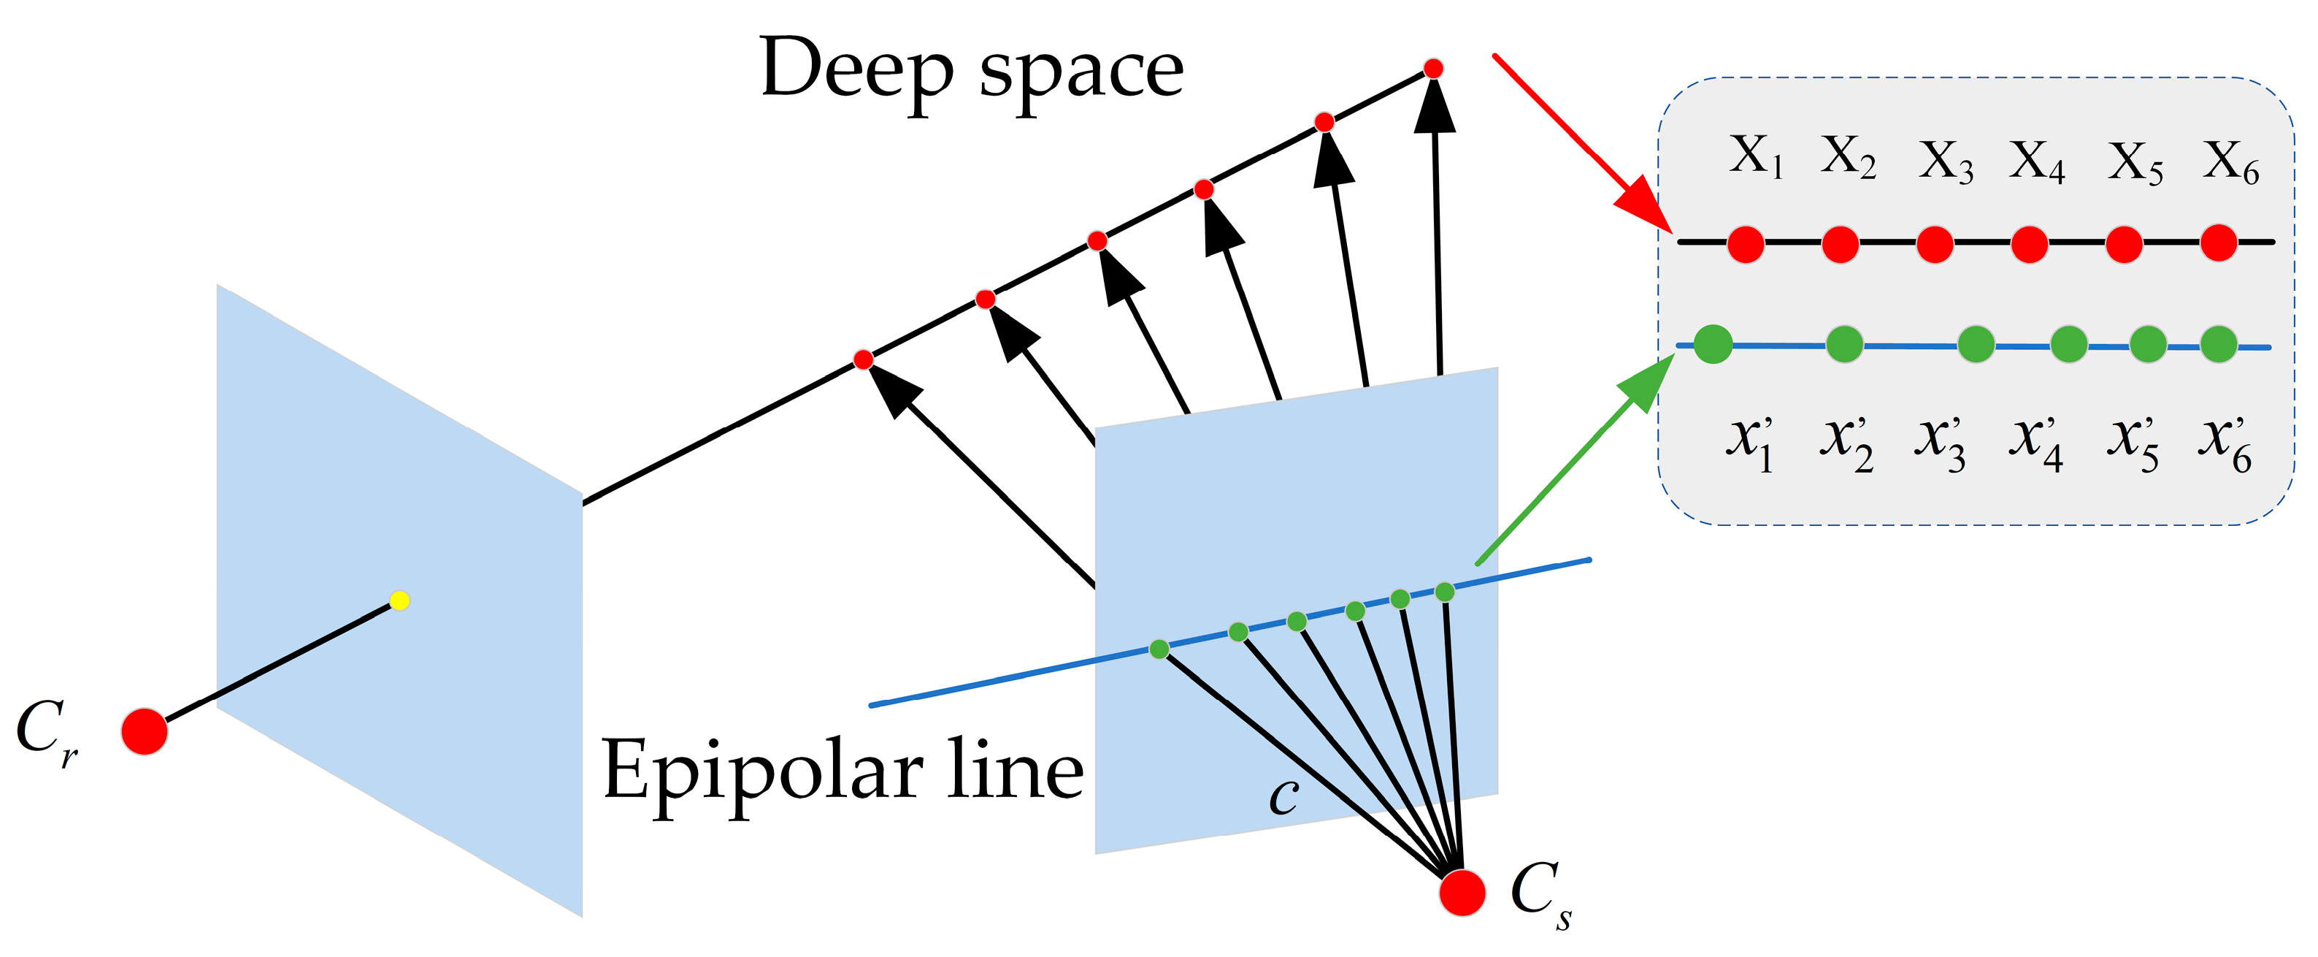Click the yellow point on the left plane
pyautogui.click(x=399, y=600)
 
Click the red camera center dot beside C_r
pyautogui.click(x=145, y=731)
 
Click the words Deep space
pyautogui.click(x=971, y=70)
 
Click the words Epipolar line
pyautogui.click(x=843, y=771)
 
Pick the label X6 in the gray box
pyautogui.click(x=2230, y=162)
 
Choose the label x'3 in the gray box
pyautogui.click(x=1940, y=443)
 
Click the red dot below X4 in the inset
pyautogui.click(x=2029, y=244)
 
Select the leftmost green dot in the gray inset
pyautogui.click(x=1713, y=345)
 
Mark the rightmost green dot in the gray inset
pyautogui.click(x=2218, y=345)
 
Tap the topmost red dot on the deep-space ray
pyautogui.click(x=1433, y=69)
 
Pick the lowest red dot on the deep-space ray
pyautogui.click(x=863, y=360)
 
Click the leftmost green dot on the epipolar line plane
pyautogui.click(x=1159, y=649)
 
